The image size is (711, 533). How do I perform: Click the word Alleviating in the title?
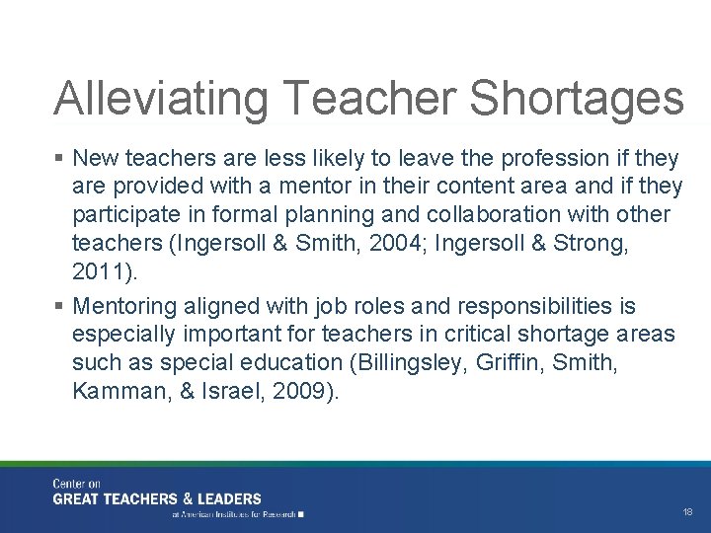coord(159,99)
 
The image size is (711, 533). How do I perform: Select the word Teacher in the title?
coord(367,99)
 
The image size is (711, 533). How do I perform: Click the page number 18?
coord(687,512)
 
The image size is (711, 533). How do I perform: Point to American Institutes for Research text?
coord(238,514)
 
